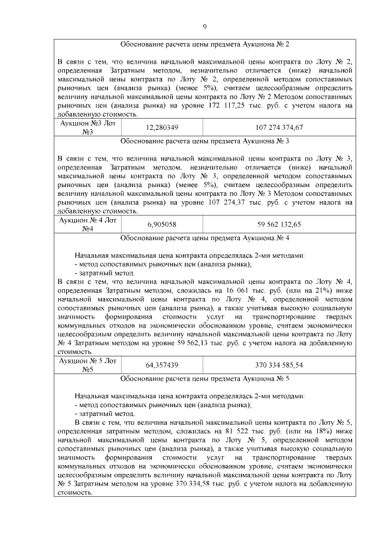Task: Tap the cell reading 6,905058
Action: point(162,225)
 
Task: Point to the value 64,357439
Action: point(162,365)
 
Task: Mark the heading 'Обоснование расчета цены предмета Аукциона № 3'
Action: point(204,142)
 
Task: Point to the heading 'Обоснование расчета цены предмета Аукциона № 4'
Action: point(204,240)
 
